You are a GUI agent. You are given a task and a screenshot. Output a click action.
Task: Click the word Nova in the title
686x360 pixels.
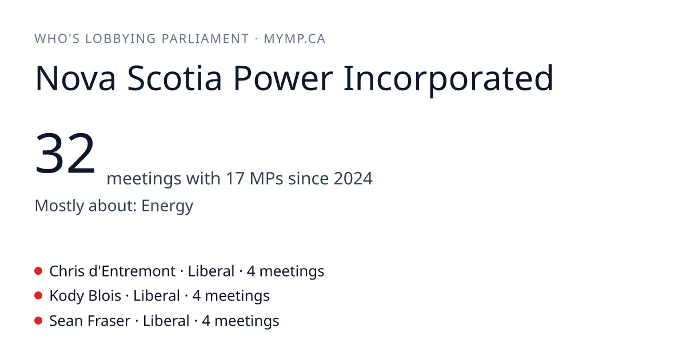[x=75, y=78]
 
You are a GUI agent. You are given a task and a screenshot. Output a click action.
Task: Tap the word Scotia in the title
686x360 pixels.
[x=174, y=78]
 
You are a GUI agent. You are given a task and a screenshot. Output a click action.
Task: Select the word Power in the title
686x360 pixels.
[x=283, y=78]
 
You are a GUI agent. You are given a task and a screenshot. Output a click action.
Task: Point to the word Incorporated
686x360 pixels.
[x=448, y=80]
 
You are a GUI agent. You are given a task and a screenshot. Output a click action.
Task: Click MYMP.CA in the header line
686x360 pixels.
[x=294, y=39]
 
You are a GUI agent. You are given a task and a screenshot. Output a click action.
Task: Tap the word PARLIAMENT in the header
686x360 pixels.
[x=205, y=39]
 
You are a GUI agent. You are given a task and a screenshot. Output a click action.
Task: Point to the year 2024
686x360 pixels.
[x=353, y=178]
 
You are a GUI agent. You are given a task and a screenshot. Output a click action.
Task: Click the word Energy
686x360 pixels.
[x=167, y=206]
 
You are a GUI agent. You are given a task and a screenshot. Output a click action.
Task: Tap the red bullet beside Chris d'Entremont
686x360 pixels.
[x=38, y=271]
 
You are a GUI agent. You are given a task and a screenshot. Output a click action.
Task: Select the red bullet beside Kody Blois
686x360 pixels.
[x=38, y=296]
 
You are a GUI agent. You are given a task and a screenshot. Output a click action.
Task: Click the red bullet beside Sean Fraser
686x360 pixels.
[x=38, y=321]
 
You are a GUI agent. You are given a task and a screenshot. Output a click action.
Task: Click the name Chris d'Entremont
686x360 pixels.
[x=113, y=271]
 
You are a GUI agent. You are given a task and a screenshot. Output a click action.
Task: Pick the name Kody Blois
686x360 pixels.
[x=85, y=296]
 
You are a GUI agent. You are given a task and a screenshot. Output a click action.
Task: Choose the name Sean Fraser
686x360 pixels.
[x=90, y=321]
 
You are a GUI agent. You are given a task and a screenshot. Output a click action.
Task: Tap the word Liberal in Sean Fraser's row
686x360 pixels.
[x=166, y=321]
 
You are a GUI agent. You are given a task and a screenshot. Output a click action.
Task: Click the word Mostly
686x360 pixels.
[x=59, y=206]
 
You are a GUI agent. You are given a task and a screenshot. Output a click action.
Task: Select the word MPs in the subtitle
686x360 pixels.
[x=266, y=178]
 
